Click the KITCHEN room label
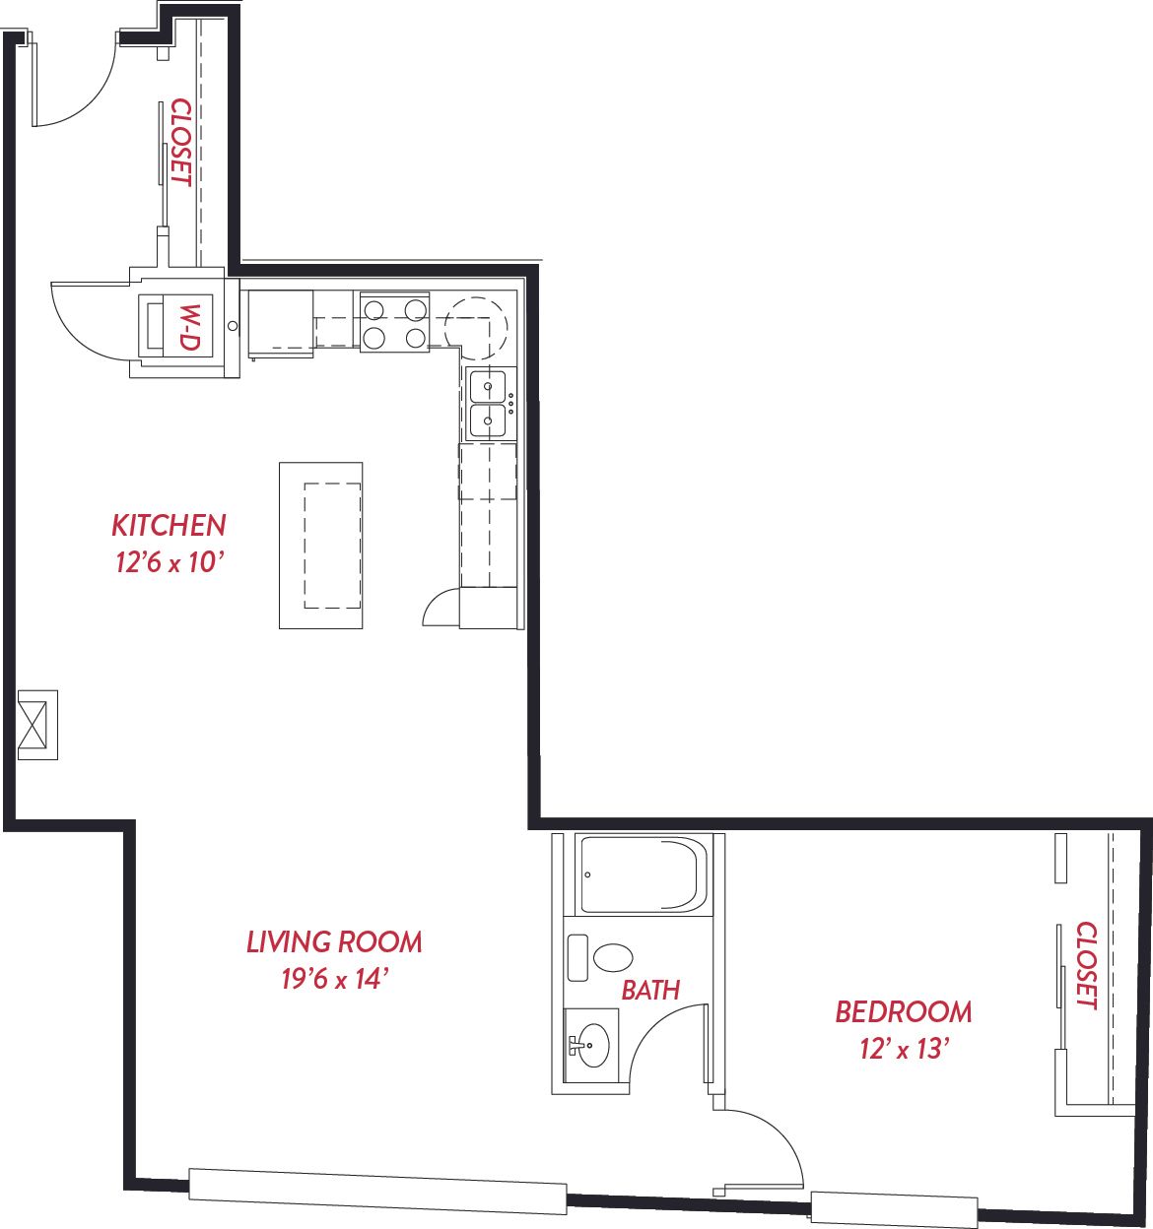point(169,526)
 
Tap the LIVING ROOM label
point(334,941)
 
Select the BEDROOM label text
point(904,1011)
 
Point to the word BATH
point(650,990)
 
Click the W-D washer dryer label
point(189,327)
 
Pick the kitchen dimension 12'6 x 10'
point(169,562)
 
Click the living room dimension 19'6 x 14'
point(334,979)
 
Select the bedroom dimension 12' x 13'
point(905,1049)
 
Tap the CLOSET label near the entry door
point(180,143)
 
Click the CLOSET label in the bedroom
point(1086,966)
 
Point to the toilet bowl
point(613,958)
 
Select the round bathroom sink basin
point(593,1045)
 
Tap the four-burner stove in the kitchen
point(394,322)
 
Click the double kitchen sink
point(488,404)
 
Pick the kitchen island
point(321,546)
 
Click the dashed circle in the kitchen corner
point(476,328)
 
